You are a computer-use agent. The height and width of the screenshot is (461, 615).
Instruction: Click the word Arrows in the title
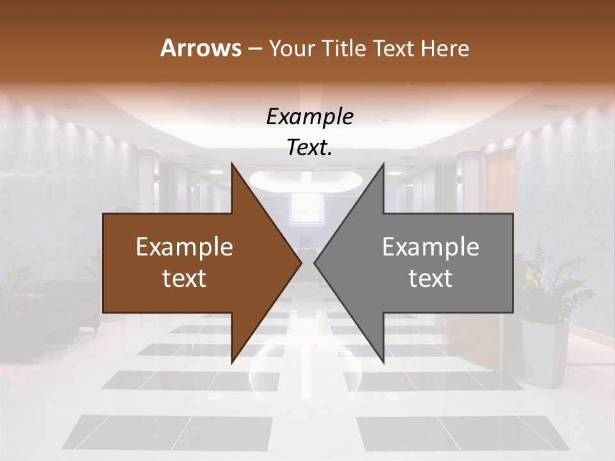pos(201,48)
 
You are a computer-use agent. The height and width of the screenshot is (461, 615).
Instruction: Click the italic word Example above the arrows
pos(309,117)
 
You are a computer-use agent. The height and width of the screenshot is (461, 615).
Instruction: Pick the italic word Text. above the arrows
pos(309,148)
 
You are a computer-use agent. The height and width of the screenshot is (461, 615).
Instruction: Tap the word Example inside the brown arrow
pos(184,247)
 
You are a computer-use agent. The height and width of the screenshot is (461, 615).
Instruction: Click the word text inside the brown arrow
pos(184,279)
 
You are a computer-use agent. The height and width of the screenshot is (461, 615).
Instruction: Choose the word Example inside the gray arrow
pos(430,247)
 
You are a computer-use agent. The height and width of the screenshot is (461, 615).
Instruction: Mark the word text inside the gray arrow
pos(430,279)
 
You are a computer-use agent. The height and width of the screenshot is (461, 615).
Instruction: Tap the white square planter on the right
pos(545,352)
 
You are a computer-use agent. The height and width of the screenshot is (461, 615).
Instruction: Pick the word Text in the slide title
pos(391,48)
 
